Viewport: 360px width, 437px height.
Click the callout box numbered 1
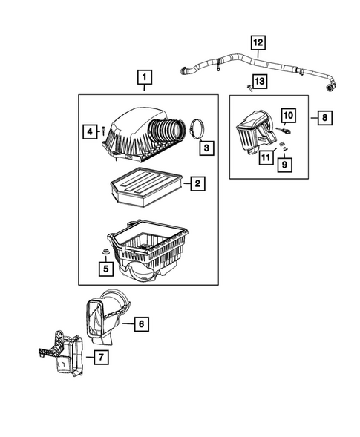144,77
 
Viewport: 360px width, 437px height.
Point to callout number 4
88,132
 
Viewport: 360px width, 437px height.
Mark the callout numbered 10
288,115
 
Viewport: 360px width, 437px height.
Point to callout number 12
257,43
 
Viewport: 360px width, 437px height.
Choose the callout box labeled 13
258,79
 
